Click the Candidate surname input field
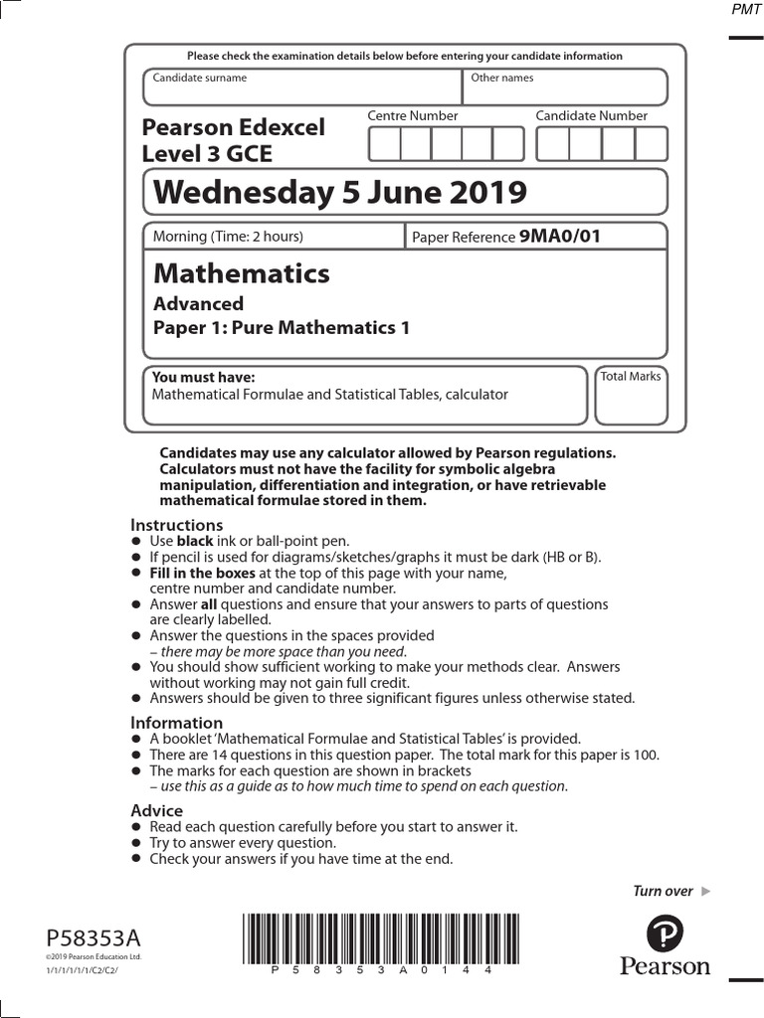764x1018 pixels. pos(302,87)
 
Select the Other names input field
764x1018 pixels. pos(565,87)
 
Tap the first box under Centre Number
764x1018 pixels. pos(384,144)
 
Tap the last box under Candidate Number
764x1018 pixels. pos(651,144)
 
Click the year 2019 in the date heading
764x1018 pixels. pos(482,192)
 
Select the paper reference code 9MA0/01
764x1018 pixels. pos(560,237)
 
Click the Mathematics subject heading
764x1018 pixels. pos(242,273)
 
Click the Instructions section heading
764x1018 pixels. pos(177,525)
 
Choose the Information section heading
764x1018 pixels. pos(177,723)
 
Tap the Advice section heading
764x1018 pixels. pos(157,810)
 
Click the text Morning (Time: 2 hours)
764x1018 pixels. pos(228,237)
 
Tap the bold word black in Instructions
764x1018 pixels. pos(195,541)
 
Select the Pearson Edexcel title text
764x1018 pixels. pos(233,128)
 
